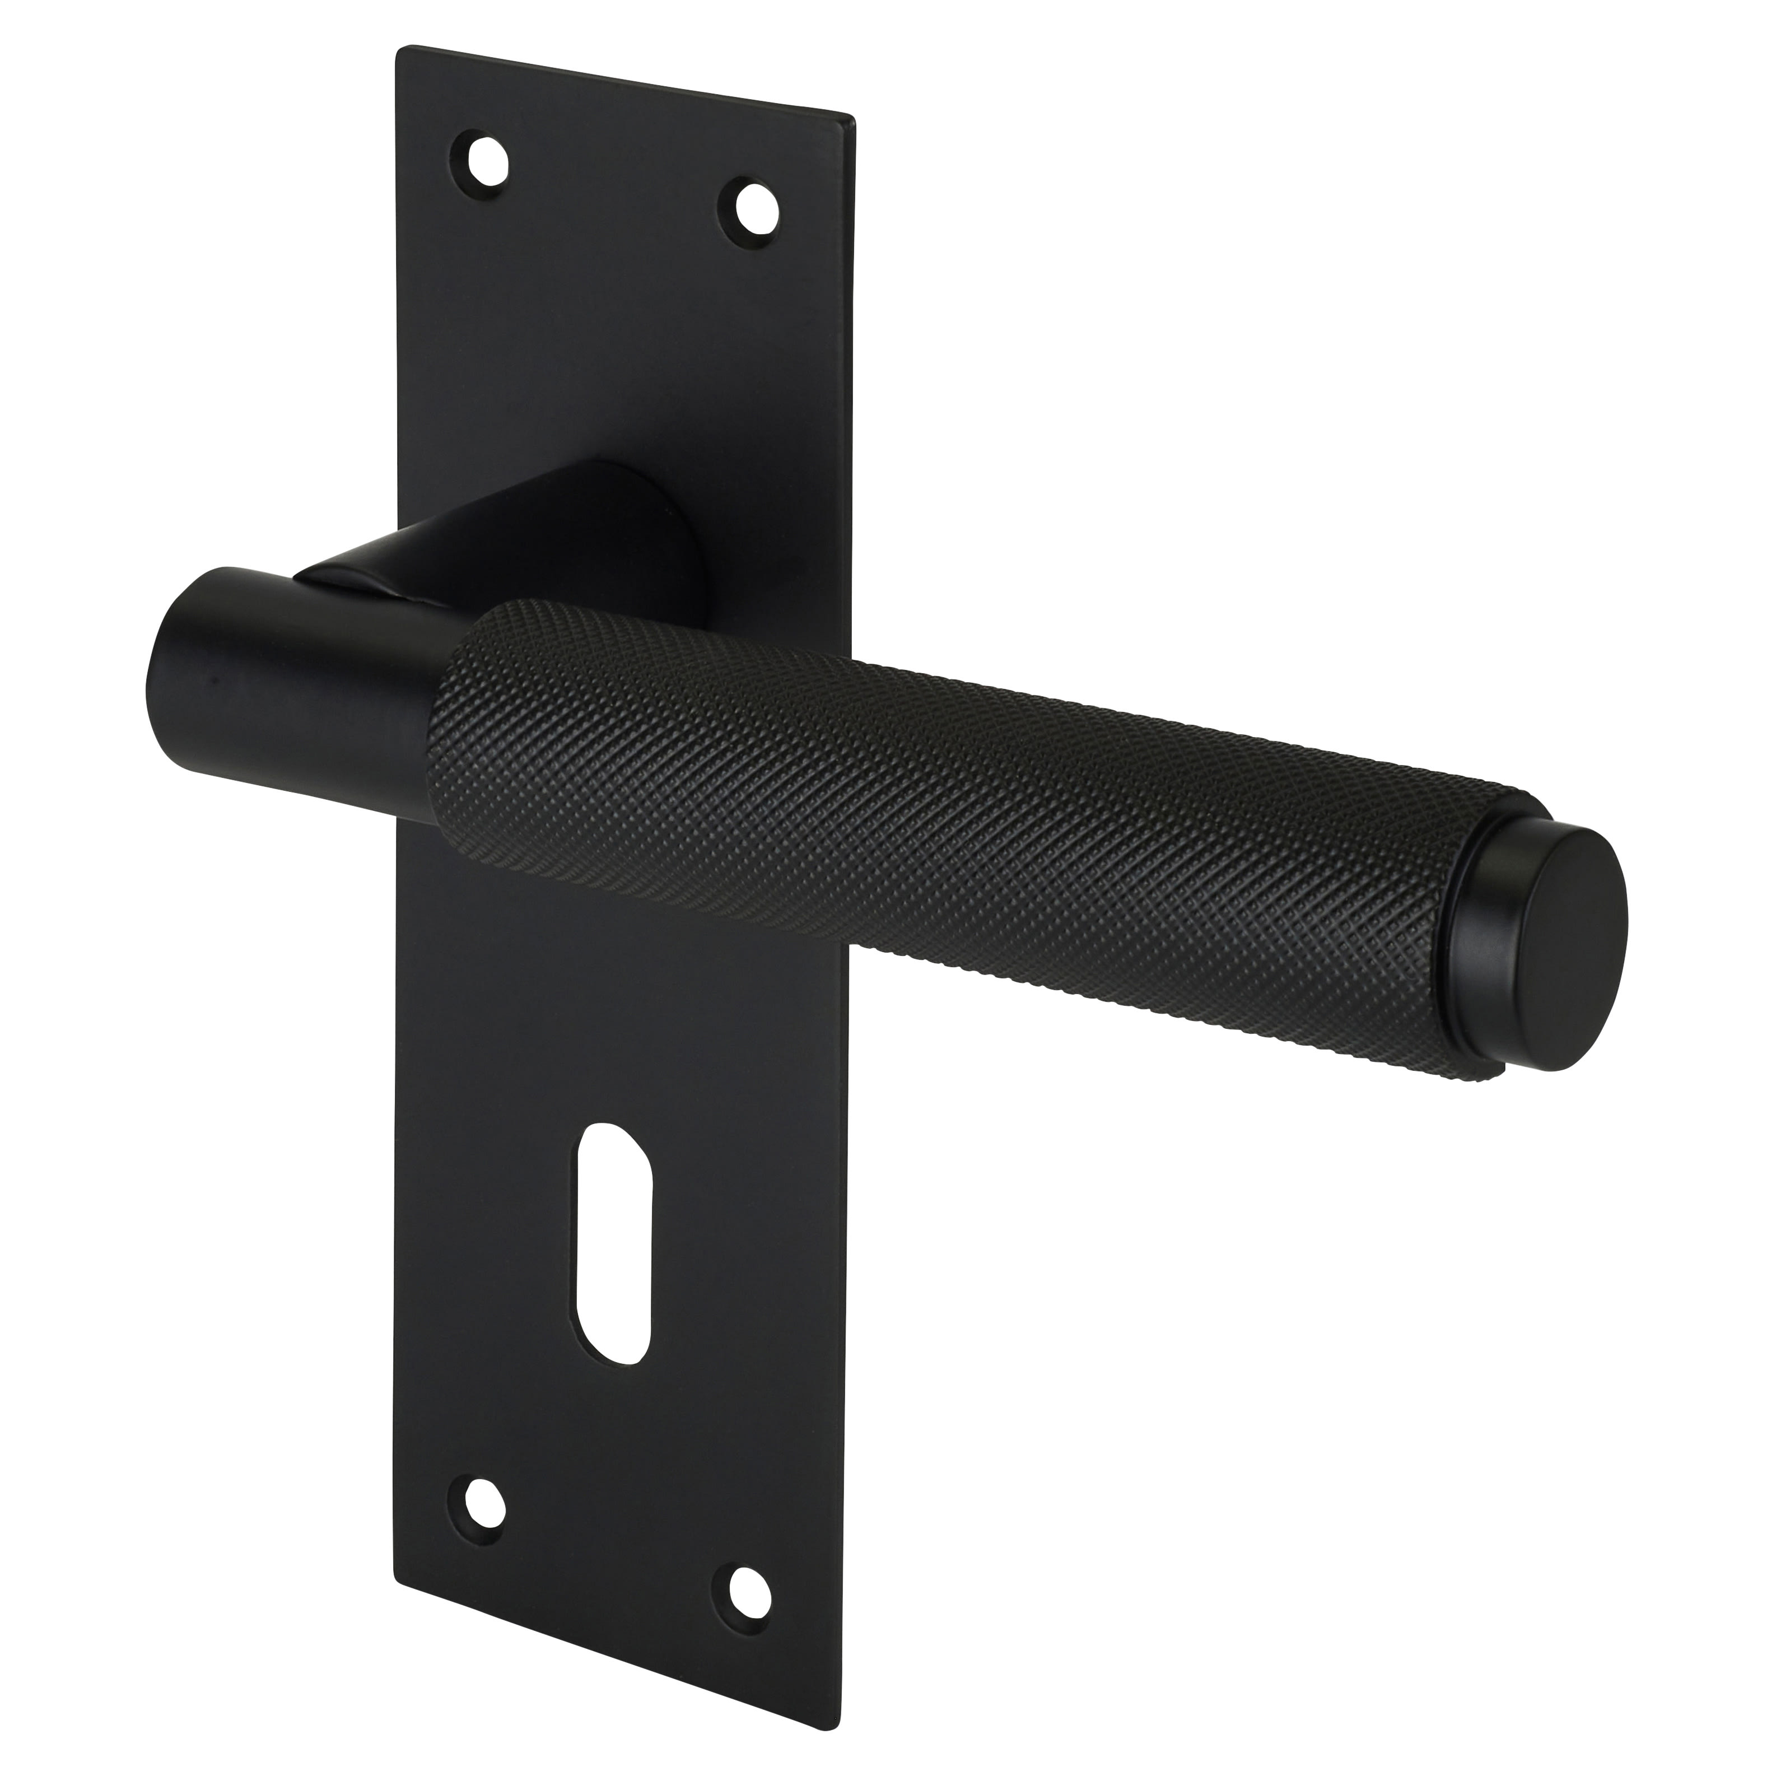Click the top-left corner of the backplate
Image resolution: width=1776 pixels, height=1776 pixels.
tap(399, 48)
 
